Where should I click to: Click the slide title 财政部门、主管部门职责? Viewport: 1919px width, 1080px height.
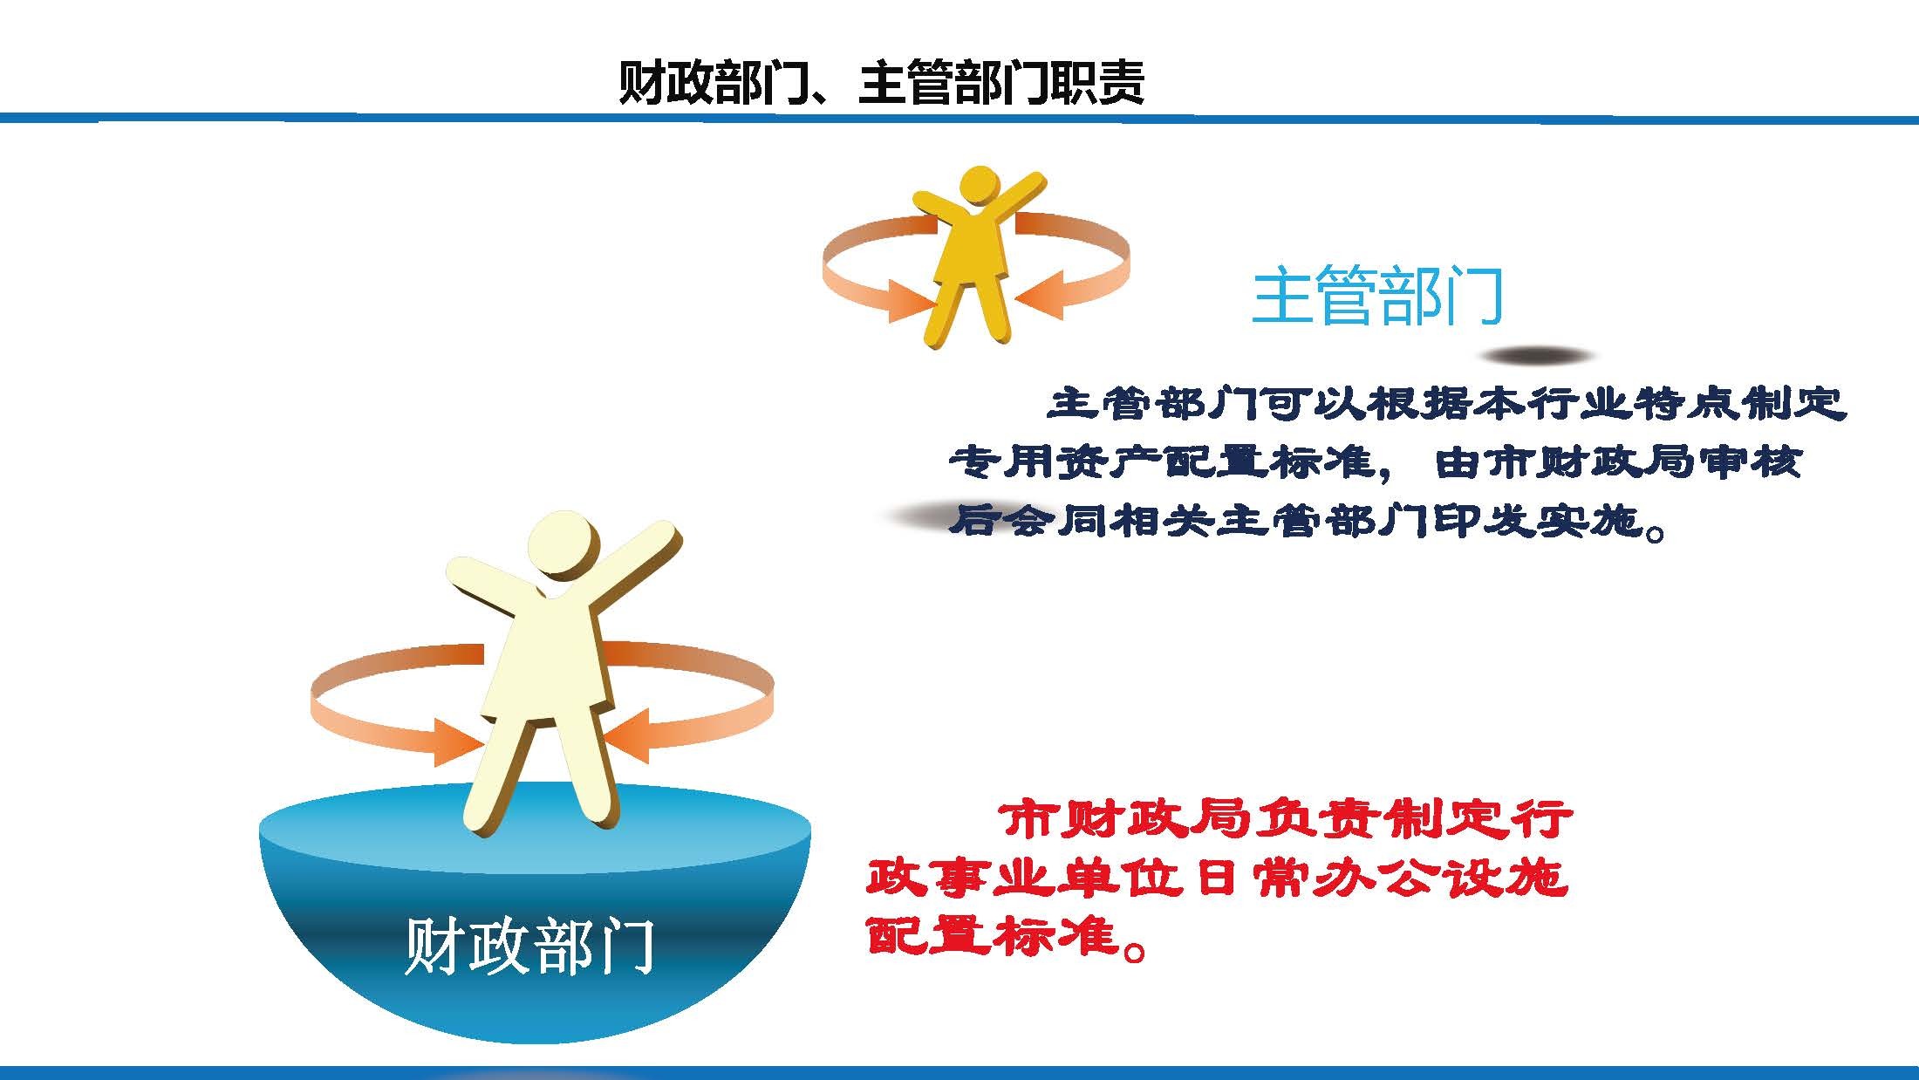(x=881, y=84)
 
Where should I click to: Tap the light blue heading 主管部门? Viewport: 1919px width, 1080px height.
(x=1377, y=296)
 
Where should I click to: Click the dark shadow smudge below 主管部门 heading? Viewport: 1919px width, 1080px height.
(x=1537, y=356)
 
